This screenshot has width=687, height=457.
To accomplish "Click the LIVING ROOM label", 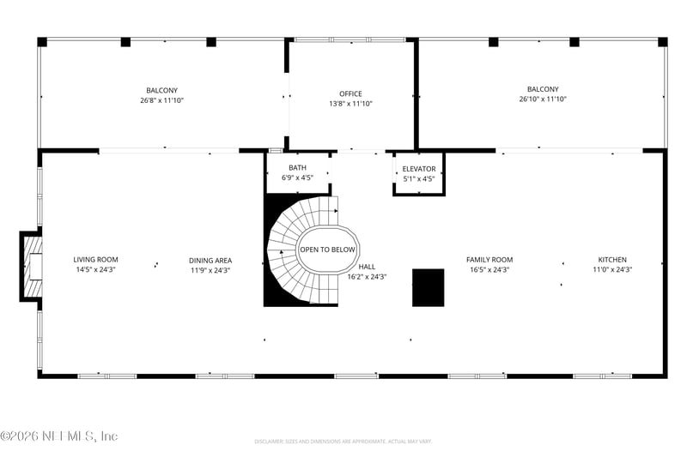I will pyautogui.click(x=96, y=259).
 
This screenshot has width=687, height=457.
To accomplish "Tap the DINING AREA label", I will pyautogui.click(x=210, y=261).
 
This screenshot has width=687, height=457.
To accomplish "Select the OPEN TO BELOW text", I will pyautogui.click(x=327, y=250).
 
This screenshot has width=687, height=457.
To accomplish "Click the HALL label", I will pyautogui.click(x=367, y=267).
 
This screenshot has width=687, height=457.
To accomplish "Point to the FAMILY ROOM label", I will pyautogui.click(x=489, y=259).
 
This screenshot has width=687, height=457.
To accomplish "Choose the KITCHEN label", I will pyautogui.click(x=612, y=259).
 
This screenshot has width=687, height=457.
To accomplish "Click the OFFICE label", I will pyautogui.click(x=350, y=93).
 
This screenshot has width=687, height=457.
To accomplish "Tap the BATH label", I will pyautogui.click(x=297, y=168).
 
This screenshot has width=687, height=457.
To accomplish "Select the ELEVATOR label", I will pyautogui.click(x=419, y=169).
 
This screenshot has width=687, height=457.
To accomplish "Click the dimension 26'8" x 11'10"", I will pyautogui.click(x=162, y=100).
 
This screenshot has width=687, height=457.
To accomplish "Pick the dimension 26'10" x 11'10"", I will pyautogui.click(x=543, y=99).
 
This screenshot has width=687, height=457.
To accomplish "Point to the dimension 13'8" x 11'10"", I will pyautogui.click(x=350, y=104).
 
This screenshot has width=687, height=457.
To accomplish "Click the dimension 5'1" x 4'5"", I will pyautogui.click(x=419, y=179).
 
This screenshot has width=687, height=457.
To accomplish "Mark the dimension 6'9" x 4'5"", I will pyautogui.click(x=297, y=178).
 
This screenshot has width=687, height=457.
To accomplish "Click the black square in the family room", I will pyautogui.click(x=429, y=287).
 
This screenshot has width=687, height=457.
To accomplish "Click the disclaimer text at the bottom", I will pyautogui.click(x=343, y=442).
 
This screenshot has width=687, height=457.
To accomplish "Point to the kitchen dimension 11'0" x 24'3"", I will pyautogui.click(x=612, y=269).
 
